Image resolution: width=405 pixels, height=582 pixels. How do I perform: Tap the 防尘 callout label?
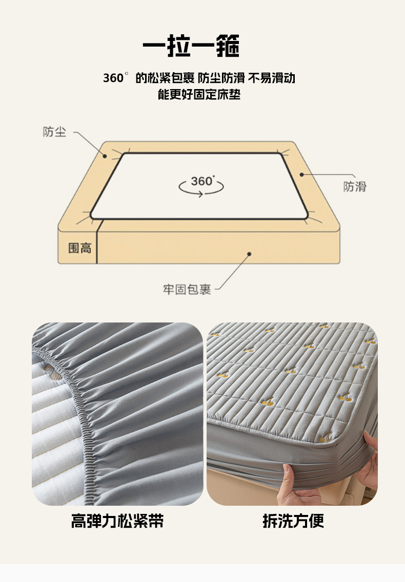coord(54,132)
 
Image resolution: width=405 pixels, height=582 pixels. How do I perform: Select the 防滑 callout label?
coord(354,186)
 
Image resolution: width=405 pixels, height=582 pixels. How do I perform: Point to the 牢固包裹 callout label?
coord(187,289)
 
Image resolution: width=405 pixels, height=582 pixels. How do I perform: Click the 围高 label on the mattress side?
coord(79,248)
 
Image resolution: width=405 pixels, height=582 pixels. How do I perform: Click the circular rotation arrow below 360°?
coord(201,188)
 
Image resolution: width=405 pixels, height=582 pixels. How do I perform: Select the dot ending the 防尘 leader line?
coord(105,156)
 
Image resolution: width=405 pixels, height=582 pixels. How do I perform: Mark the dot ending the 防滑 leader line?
coord(301,174)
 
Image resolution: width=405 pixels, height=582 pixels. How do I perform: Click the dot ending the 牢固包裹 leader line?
coord(249,254)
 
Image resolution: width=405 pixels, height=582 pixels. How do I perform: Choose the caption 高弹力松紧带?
coord(117,521)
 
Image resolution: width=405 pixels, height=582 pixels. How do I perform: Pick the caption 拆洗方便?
coord(293,521)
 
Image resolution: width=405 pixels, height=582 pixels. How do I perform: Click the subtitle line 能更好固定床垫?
coord(199,94)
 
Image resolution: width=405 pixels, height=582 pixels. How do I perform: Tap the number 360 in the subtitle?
coord(113,78)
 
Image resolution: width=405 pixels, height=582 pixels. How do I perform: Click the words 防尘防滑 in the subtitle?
coord(221,78)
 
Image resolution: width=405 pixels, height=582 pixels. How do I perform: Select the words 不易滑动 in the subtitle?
coord(272,78)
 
